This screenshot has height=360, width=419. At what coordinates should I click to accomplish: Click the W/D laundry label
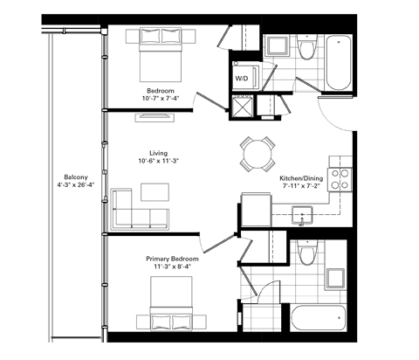point(241,78)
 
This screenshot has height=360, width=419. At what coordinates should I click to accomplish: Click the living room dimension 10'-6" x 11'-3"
point(158,162)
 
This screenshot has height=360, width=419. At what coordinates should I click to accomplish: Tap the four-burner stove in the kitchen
point(340,178)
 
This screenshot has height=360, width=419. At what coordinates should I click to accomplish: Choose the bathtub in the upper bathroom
point(339,63)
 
